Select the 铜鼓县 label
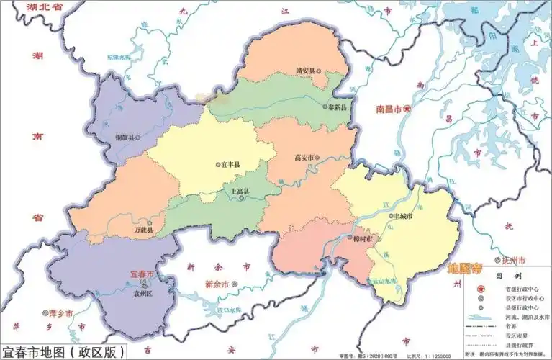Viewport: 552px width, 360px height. [118, 135]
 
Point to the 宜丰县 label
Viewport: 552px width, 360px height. [228, 164]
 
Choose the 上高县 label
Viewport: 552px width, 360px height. [240, 192]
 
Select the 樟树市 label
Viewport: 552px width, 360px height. [361, 238]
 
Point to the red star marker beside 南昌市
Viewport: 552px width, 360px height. [407, 109]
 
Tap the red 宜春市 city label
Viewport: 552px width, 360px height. [141, 274]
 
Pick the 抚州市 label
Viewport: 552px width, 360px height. [514, 259]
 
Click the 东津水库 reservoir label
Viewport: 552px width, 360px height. [119, 57]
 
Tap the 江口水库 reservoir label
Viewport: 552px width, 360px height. [229, 310]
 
